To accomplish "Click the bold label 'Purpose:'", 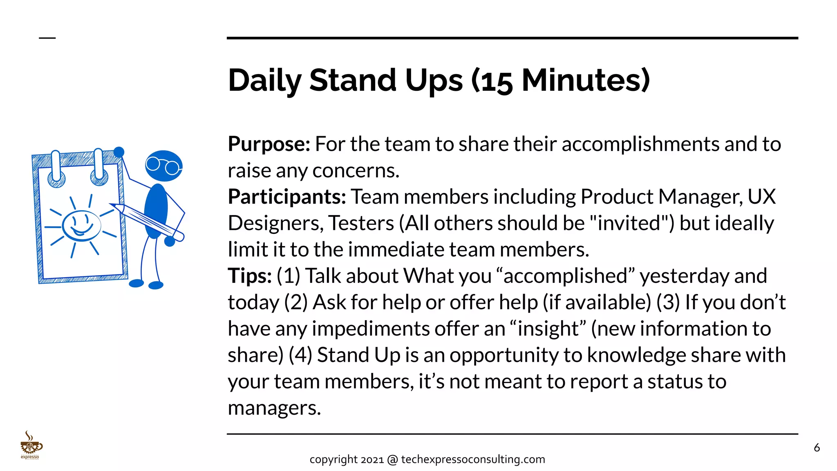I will tap(269, 144).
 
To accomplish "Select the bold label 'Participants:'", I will tap(287, 197).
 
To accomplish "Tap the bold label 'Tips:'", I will tap(249, 276).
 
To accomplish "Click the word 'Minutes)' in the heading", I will tap(586, 81).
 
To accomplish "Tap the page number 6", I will tap(817, 448).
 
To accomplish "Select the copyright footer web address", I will tap(473, 460).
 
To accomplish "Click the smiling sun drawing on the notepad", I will tap(81, 226).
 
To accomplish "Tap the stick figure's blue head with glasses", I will tap(163, 166).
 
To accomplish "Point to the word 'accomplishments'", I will tap(640, 144).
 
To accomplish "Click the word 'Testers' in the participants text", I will tap(361, 223).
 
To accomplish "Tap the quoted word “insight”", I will tap(548, 329).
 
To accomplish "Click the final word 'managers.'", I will tap(274, 408).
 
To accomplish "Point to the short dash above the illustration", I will tap(47, 38).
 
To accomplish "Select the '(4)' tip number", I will tap(300, 355).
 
